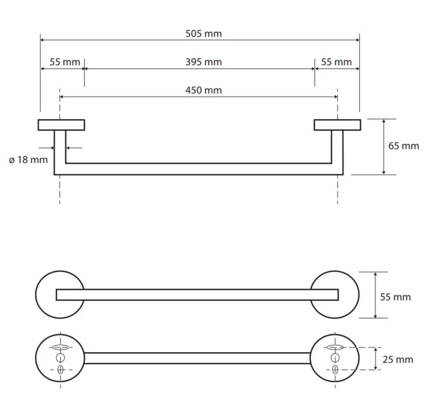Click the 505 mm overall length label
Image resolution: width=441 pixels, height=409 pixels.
click(203, 34)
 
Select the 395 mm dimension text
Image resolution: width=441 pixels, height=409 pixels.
click(203, 62)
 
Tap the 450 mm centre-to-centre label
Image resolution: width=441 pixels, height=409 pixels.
click(203, 90)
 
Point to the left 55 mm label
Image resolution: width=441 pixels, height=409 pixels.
click(65, 62)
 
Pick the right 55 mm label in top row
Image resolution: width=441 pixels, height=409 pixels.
click(336, 62)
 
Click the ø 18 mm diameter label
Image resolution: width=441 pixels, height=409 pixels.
click(28, 160)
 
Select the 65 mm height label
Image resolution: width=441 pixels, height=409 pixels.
click(403, 146)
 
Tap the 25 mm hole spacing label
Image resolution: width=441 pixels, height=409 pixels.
click(398, 359)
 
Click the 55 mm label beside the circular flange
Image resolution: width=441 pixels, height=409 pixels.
click(395, 297)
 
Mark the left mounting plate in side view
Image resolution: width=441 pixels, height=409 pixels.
click(61, 125)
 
